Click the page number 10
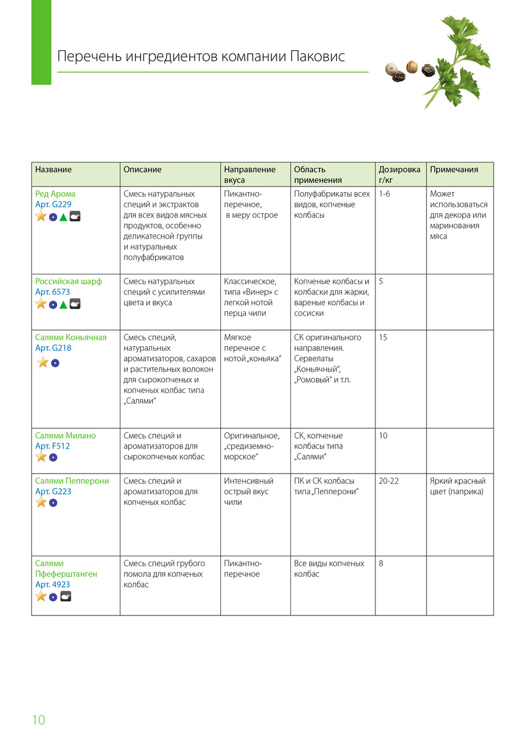click(x=38, y=720)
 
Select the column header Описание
click(x=142, y=170)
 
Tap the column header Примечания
click(x=454, y=170)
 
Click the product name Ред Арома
click(x=55, y=194)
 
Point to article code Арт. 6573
click(x=53, y=292)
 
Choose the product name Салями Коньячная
click(x=71, y=338)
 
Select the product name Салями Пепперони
click(x=72, y=481)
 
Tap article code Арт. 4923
click(x=53, y=585)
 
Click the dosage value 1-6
click(x=385, y=194)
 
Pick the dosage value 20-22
click(x=389, y=481)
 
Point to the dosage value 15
click(x=383, y=338)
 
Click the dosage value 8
click(x=381, y=563)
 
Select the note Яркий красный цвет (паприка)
click(x=458, y=486)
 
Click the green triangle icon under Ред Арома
click(x=63, y=217)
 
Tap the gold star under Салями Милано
click(x=41, y=457)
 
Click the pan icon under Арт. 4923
click(x=65, y=596)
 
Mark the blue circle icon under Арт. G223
click(x=53, y=503)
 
